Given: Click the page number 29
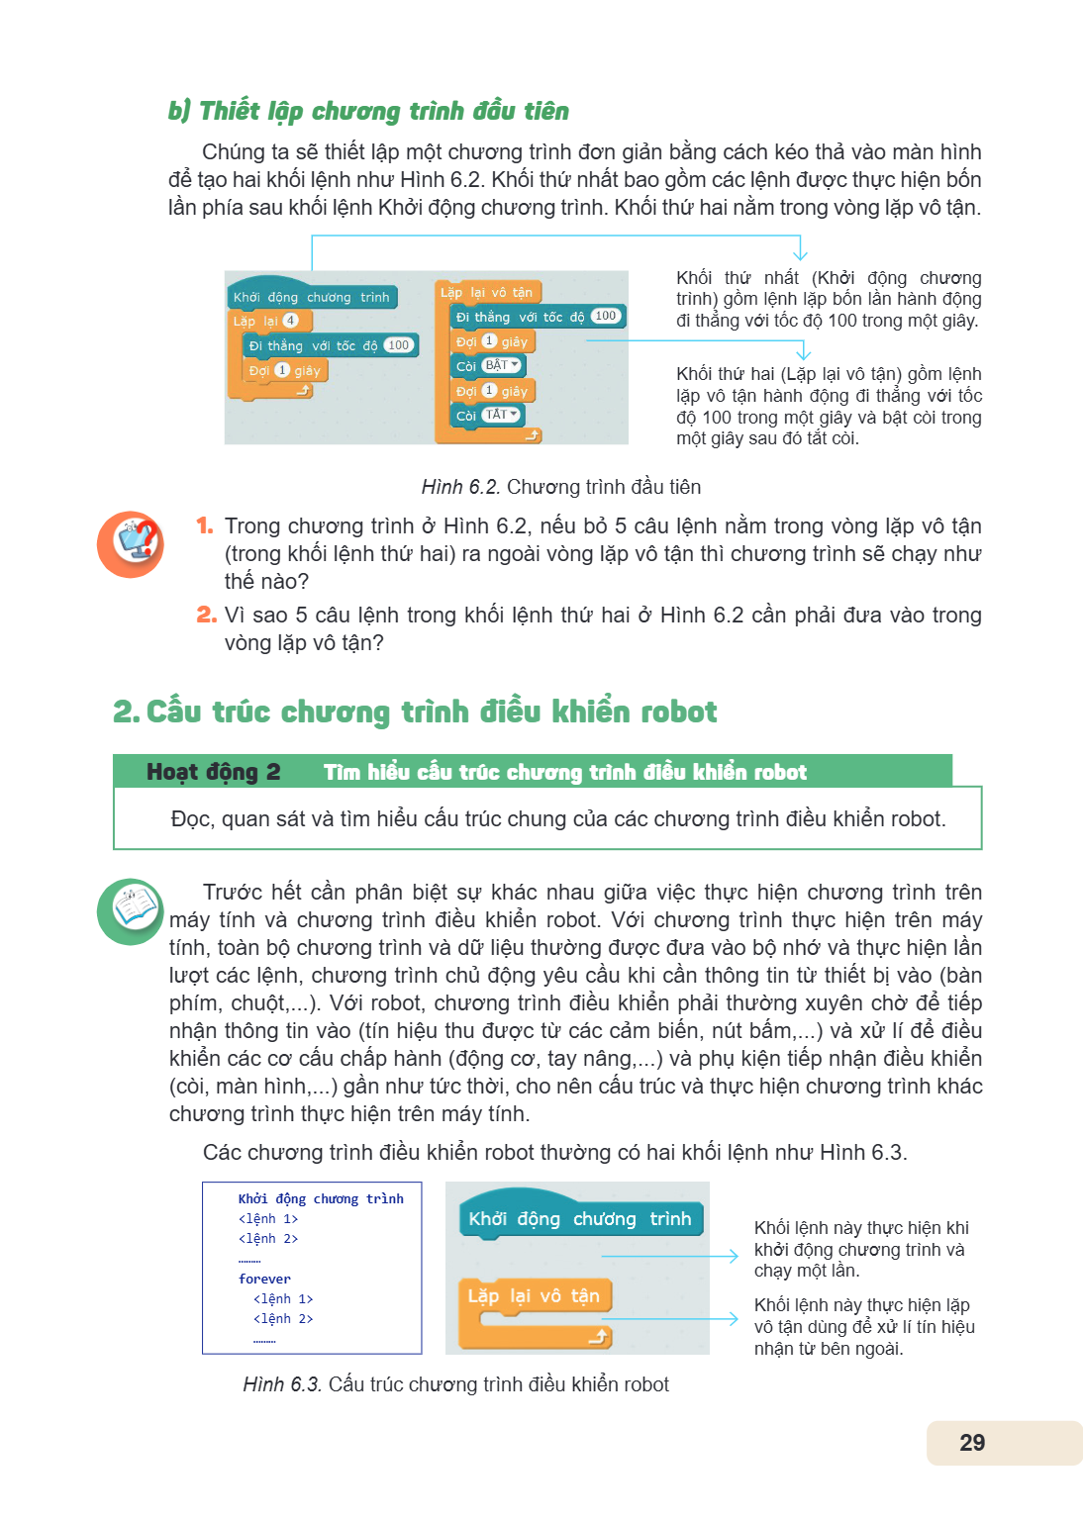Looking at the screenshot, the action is point(972,1442).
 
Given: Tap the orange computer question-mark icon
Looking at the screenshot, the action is point(131,544).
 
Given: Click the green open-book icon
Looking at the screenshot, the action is point(131,911).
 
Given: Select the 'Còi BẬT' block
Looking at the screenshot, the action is point(487,366).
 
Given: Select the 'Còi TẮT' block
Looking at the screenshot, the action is point(487,415).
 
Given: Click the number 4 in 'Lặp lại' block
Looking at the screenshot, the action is point(290,321).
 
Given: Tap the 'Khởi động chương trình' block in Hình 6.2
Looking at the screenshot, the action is point(313,294).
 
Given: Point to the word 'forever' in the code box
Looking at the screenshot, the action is point(264,1280).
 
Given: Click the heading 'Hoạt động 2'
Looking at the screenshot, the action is point(213,772).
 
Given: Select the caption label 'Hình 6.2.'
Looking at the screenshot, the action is point(460,487).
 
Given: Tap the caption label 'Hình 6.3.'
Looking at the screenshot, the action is point(282,1384).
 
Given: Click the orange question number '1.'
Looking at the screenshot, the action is point(204,525).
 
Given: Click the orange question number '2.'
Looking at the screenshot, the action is point(207,615).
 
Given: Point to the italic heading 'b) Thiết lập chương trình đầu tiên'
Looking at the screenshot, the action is point(368,111).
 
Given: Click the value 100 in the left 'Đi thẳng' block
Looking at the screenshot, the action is point(399,344).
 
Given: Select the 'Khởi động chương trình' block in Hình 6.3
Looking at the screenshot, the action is point(580,1215).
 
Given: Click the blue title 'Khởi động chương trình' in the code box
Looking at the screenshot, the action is point(321,1199).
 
